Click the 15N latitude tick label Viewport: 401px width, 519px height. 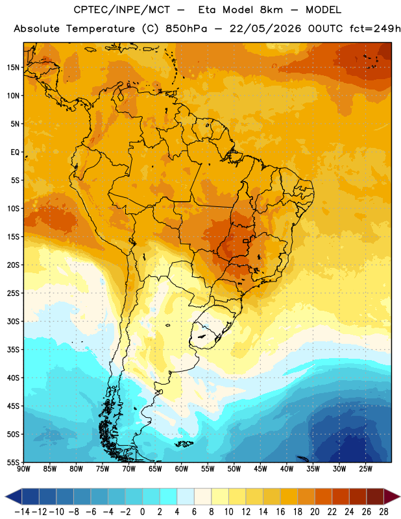click(13, 67)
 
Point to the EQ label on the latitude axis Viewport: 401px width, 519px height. click(15, 152)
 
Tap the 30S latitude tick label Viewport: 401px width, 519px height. click(13, 321)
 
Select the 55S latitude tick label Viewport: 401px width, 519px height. click(13, 463)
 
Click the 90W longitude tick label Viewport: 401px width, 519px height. click(23, 469)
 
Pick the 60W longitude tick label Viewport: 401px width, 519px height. click(182, 469)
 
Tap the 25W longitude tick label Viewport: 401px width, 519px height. click(365, 469)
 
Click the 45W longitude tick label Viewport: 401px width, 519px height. click(261, 469)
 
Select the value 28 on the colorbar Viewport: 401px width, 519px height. click(383, 512)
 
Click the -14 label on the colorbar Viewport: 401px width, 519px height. click(22, 512)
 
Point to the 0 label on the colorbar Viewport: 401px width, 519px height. click(142, 512)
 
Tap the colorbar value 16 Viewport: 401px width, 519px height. click(280, 512)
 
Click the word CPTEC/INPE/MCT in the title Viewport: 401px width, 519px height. click(121, 10)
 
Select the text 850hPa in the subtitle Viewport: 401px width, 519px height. click(186, 29)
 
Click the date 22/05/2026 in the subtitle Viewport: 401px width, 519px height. click(265, 29)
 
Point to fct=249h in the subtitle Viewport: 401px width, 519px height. click(375, 29)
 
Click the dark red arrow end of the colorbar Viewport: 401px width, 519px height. click(391, 496)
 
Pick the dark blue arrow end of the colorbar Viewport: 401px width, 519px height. click(14, 496)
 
